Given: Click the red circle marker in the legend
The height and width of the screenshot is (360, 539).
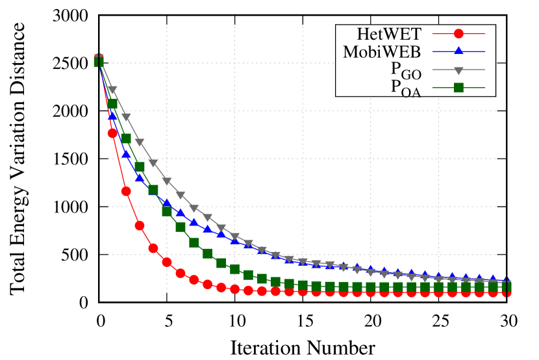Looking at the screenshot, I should tap(458, 34).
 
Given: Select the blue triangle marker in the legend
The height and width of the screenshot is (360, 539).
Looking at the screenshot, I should tap(458, 51).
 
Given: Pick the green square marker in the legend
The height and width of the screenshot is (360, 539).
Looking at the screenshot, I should tap(458, 88).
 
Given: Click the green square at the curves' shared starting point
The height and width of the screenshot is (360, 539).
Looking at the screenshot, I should tap(99, 62).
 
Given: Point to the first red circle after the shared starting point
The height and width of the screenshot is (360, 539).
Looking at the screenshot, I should tap(112, 133).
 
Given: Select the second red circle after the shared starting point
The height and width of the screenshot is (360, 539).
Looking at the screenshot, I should tap(126, 191).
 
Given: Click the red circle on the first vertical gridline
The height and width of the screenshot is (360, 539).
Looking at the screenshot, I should tap(167, 262).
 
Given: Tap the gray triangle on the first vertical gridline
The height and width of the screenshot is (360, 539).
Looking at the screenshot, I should tap(167, 181).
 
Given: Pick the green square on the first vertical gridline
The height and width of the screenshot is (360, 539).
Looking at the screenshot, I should tap(167, 211).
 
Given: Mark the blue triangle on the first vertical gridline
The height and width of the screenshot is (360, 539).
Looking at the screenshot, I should tap(167, 203).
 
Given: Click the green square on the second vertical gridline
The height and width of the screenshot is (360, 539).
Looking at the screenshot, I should tap(234, 269).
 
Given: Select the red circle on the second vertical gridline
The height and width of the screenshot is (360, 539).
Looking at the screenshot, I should tap(234, 289).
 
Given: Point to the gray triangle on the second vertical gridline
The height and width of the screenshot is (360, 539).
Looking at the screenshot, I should tap(234, 237).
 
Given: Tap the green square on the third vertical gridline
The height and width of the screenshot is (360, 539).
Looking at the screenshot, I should tap(303, 285).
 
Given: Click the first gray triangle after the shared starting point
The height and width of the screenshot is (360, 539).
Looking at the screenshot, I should tap(112, 90).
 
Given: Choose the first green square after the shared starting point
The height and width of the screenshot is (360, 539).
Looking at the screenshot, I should tap(112, 104).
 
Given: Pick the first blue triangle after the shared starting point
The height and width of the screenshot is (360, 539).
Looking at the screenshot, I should tap(112, 115).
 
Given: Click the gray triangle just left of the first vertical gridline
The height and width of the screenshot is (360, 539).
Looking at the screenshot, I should tap(153, 162).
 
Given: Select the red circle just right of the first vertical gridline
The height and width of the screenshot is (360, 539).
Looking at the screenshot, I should tap(181, 273).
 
